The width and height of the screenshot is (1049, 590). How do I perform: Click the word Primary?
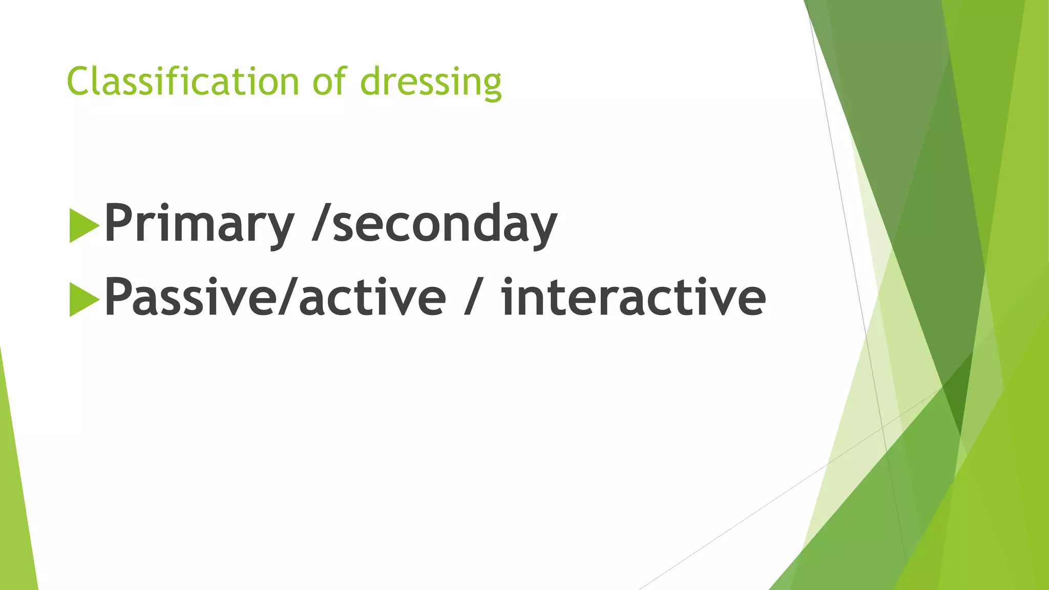pos(199,224)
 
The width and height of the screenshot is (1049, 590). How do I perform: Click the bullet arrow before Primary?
pos(83,225)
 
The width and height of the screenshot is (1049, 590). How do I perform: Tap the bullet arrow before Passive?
pos(83,299)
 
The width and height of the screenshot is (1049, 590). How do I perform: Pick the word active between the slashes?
pos(372,298)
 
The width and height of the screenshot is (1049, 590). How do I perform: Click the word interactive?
pos(633,298)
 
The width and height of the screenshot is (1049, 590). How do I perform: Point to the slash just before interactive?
pos(471,298)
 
